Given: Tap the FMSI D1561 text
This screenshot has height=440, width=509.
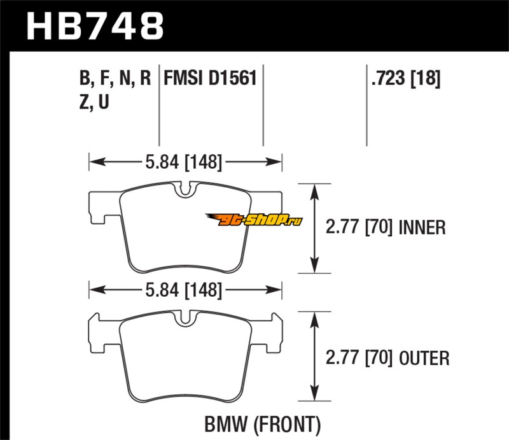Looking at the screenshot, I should coord(210,78).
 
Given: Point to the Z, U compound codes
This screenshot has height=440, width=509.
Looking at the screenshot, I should coord(94,102).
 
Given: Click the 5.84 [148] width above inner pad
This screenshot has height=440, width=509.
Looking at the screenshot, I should coord(186,162).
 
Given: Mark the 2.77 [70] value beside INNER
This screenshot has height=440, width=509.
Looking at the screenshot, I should coord(356,227).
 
